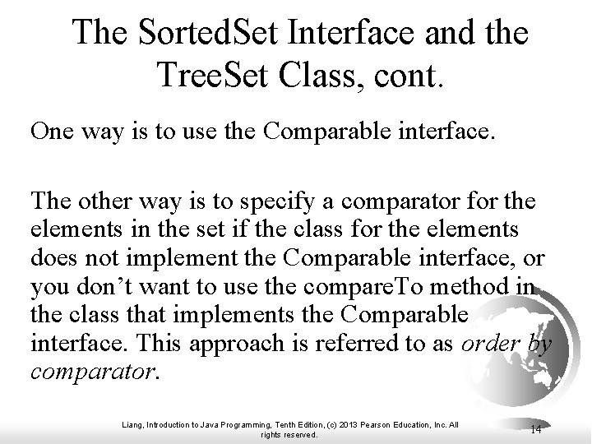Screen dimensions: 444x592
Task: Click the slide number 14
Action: (x=535, y=428)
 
